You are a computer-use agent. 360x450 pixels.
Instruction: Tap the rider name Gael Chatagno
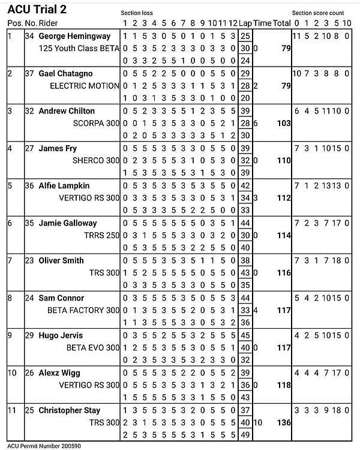[x=67, y=73]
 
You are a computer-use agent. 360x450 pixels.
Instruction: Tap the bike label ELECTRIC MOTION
[x=85, y=86]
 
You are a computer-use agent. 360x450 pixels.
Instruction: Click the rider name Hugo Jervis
[x=61, y=335]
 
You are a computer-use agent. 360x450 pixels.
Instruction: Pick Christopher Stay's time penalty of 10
[x=257, y=423]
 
